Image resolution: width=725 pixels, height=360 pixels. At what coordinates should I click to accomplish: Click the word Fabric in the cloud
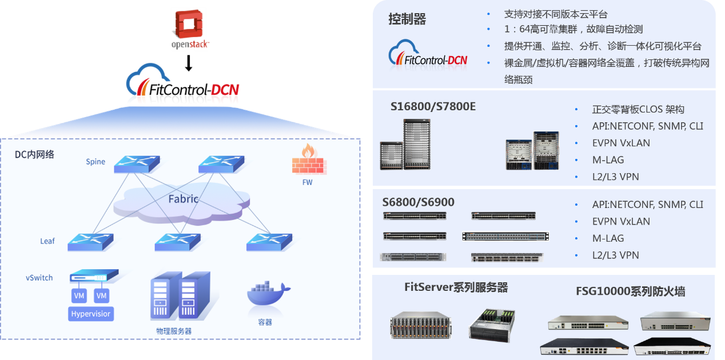(184, 199)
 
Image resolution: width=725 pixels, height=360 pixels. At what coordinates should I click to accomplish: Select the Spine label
(95, 162)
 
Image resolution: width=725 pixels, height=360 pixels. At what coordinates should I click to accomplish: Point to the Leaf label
(47, 241)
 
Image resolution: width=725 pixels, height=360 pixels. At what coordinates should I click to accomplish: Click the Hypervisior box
(90, 314)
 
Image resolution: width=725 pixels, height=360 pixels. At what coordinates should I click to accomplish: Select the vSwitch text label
(39, 278)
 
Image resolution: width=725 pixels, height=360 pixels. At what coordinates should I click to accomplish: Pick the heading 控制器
(407, 19)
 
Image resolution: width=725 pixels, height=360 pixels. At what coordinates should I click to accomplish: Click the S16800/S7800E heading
(433, 106)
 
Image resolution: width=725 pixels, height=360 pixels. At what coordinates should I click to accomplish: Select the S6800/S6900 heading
(418, 202)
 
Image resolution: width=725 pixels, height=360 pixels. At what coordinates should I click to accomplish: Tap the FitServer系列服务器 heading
(456, 287)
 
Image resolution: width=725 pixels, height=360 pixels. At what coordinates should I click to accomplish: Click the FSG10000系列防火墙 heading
(630, 291)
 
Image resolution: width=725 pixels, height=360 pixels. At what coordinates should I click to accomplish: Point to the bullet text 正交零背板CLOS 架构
(638, 109)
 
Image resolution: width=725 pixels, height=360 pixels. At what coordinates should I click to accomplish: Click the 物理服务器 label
(174, 331)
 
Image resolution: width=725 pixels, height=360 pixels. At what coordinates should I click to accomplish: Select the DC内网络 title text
(34, 154)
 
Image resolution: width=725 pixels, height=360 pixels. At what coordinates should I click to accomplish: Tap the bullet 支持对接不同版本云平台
(556, 14)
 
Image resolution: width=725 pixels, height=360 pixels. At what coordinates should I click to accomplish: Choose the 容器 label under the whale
(265, 322)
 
